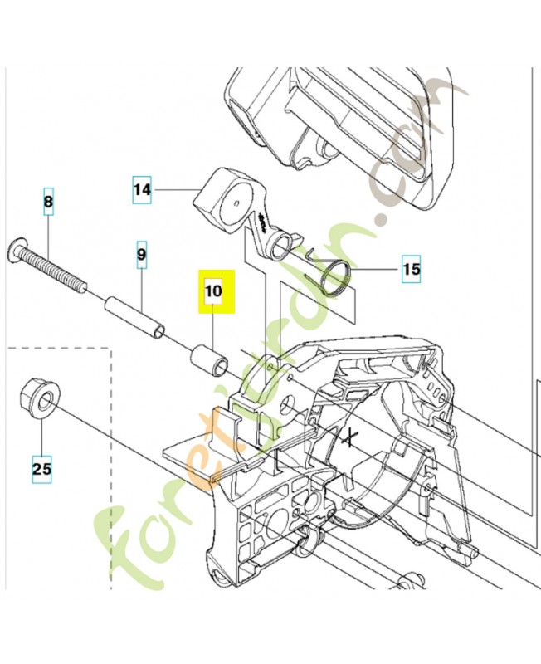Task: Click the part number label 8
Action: pyautogui.click(x=48, y=201)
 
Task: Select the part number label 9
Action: pyautogui.click(x=141, y=255)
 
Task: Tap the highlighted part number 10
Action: pyautogui.click(x=215, y=291)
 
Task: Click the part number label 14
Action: pyautogui.click(x=143, y=190)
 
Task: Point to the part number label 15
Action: pyautogui.click(x=411, y=269)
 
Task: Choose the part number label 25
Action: pyautogui.click(x=41, y=469)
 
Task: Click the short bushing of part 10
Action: pyautogui.click(x=208, y=362)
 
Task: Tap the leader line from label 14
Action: pyautogui.click(x=178, y=191)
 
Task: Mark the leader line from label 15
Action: pyautogui.click(x=378, y=269)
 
